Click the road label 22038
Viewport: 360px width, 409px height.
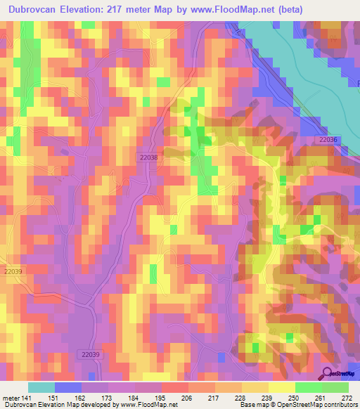click(x=148, y=159)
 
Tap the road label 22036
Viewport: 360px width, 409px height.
click(x=328, y=141)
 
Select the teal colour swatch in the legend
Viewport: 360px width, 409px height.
click(x=41, y=387)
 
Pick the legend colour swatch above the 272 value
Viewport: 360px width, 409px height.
click(x=335, y=387)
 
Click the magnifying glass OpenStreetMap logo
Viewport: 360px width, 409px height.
click(x=328, y=373)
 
